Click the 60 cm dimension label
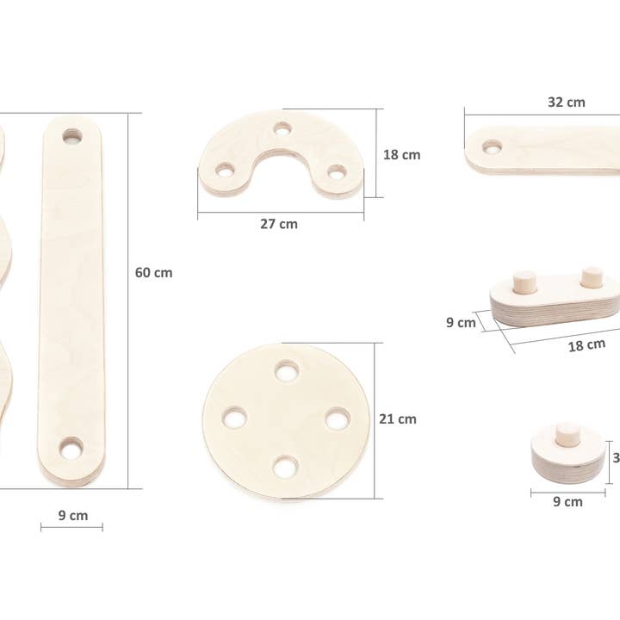[153, 273]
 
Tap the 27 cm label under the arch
[279, 224]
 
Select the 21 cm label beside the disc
[398, 419]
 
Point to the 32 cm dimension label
[566, 102]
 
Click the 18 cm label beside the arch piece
[401, 155]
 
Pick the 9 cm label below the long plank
[73, 516]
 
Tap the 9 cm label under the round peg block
[567, 501]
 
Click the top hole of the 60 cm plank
[71, 137]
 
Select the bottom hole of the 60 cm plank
[71, 448]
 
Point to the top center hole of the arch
[282, 130]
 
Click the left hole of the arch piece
[224, 170]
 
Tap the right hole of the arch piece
[336, 172]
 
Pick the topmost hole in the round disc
[287, 371]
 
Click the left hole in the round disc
[234, 418]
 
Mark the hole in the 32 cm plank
[493, 147]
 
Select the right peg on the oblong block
[592, 276]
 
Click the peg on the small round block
[567, 434]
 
